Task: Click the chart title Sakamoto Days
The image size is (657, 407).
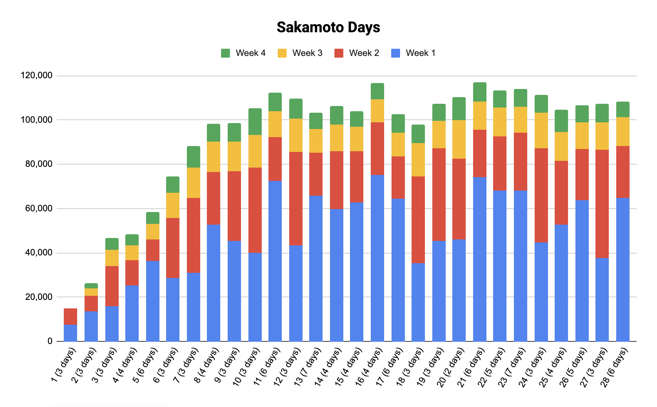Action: [328, 27]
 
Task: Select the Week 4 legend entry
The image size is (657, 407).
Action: [243, 53]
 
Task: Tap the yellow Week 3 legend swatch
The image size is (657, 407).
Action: [282, 53]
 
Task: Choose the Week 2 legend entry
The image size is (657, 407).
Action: [357, 53]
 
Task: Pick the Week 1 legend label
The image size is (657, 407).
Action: [420, 53]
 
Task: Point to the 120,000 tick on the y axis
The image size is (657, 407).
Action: [37, 76]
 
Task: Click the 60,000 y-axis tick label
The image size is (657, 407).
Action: [39, 208]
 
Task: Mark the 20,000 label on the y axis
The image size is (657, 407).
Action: [39, 297]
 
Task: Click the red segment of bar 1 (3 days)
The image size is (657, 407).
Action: [70, 317]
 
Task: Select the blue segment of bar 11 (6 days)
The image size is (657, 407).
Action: [275, 261]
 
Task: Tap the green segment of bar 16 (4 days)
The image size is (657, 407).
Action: [377, 92]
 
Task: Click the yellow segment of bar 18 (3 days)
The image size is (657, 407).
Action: [418, 160]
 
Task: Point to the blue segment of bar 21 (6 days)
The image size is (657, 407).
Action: [480, 259]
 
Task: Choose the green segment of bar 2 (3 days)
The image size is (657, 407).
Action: [91, 286]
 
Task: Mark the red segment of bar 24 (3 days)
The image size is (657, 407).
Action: [541, 195]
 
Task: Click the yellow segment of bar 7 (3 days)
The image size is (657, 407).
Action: [194, 183]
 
